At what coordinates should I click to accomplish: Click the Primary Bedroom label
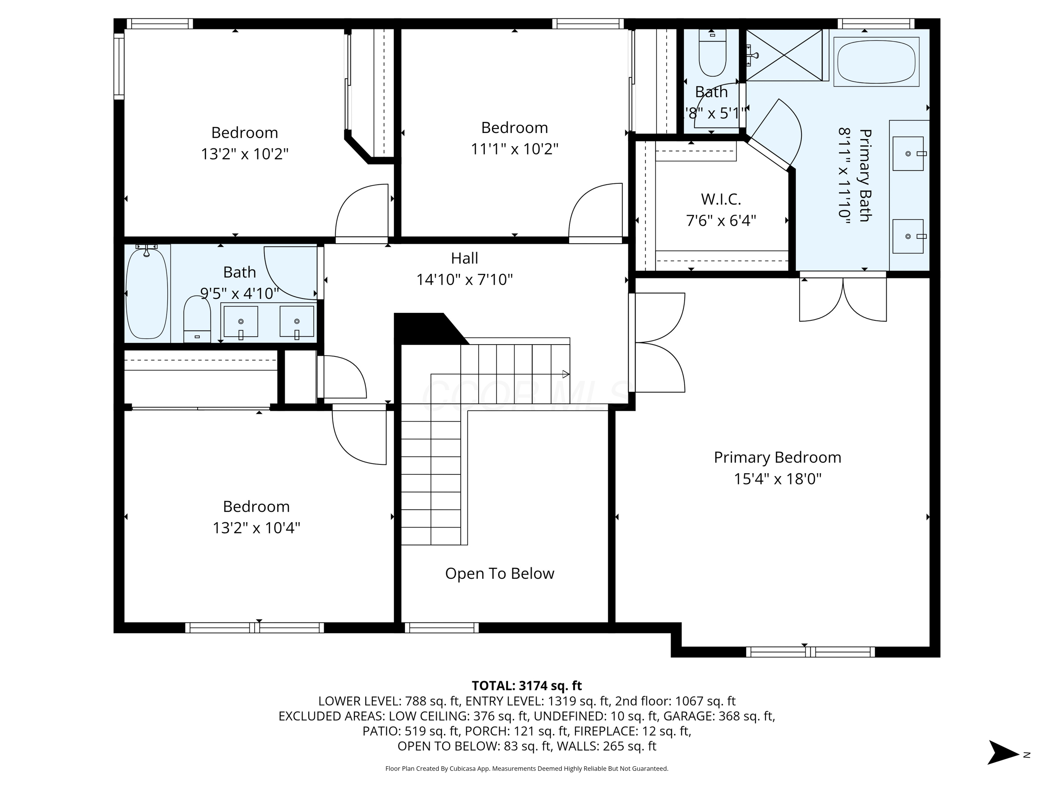pyautogui.click(x=777, y=458)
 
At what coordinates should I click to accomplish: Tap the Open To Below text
pyautogui.click(x=499, y=573)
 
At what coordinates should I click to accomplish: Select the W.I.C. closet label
pyautogui.click(x=721, y=199)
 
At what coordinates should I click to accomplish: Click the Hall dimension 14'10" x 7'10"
pyautogui.click(x=465, y=280)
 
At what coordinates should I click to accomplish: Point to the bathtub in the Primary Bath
pyautogui.click(x=876, y=62)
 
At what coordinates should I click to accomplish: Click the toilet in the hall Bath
pyautogui.click(x=197, y=318)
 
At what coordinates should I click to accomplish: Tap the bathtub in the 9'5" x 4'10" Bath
pyautogui.click(x=147, y=294)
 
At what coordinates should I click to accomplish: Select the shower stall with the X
pyautogui.click(x=784, y=55)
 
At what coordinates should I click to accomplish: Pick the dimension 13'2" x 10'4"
pyautogui.click(x=256, y=528)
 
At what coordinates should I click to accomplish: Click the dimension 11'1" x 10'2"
pyautogui.click(x=515, y=149)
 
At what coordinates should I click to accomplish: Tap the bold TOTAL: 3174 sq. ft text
pyautogui.click(x=527, y=686)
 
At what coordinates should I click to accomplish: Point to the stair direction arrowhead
pyautogui.click(x=566, y=374)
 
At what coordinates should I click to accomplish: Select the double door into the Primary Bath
pyautogui.click(x=842, y=299)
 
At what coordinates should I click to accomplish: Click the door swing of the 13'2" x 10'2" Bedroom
pyautogui.click(x=362, y=212)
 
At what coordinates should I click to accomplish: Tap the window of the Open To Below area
pyautogui.click(x=441, y=628)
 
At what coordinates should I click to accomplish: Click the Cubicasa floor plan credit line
pyautogui.click(x=527, y=768)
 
